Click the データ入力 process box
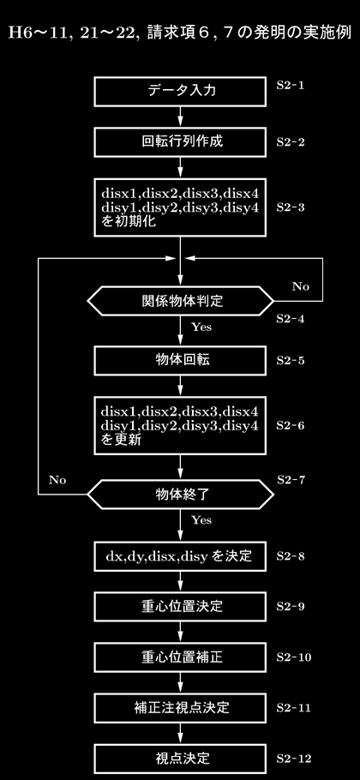180,91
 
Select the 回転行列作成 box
180,141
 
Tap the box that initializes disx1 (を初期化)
180,207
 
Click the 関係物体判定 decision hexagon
180,301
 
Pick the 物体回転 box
180,360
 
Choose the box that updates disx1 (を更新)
180,425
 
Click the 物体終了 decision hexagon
180,494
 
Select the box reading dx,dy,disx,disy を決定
180,555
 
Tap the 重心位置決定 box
180,606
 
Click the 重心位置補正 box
180,657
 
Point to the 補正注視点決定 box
180,708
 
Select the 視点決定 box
180,759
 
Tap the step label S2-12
294,759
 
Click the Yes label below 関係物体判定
201,327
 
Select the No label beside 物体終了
57,480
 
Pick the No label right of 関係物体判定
300,286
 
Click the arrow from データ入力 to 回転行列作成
180,117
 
